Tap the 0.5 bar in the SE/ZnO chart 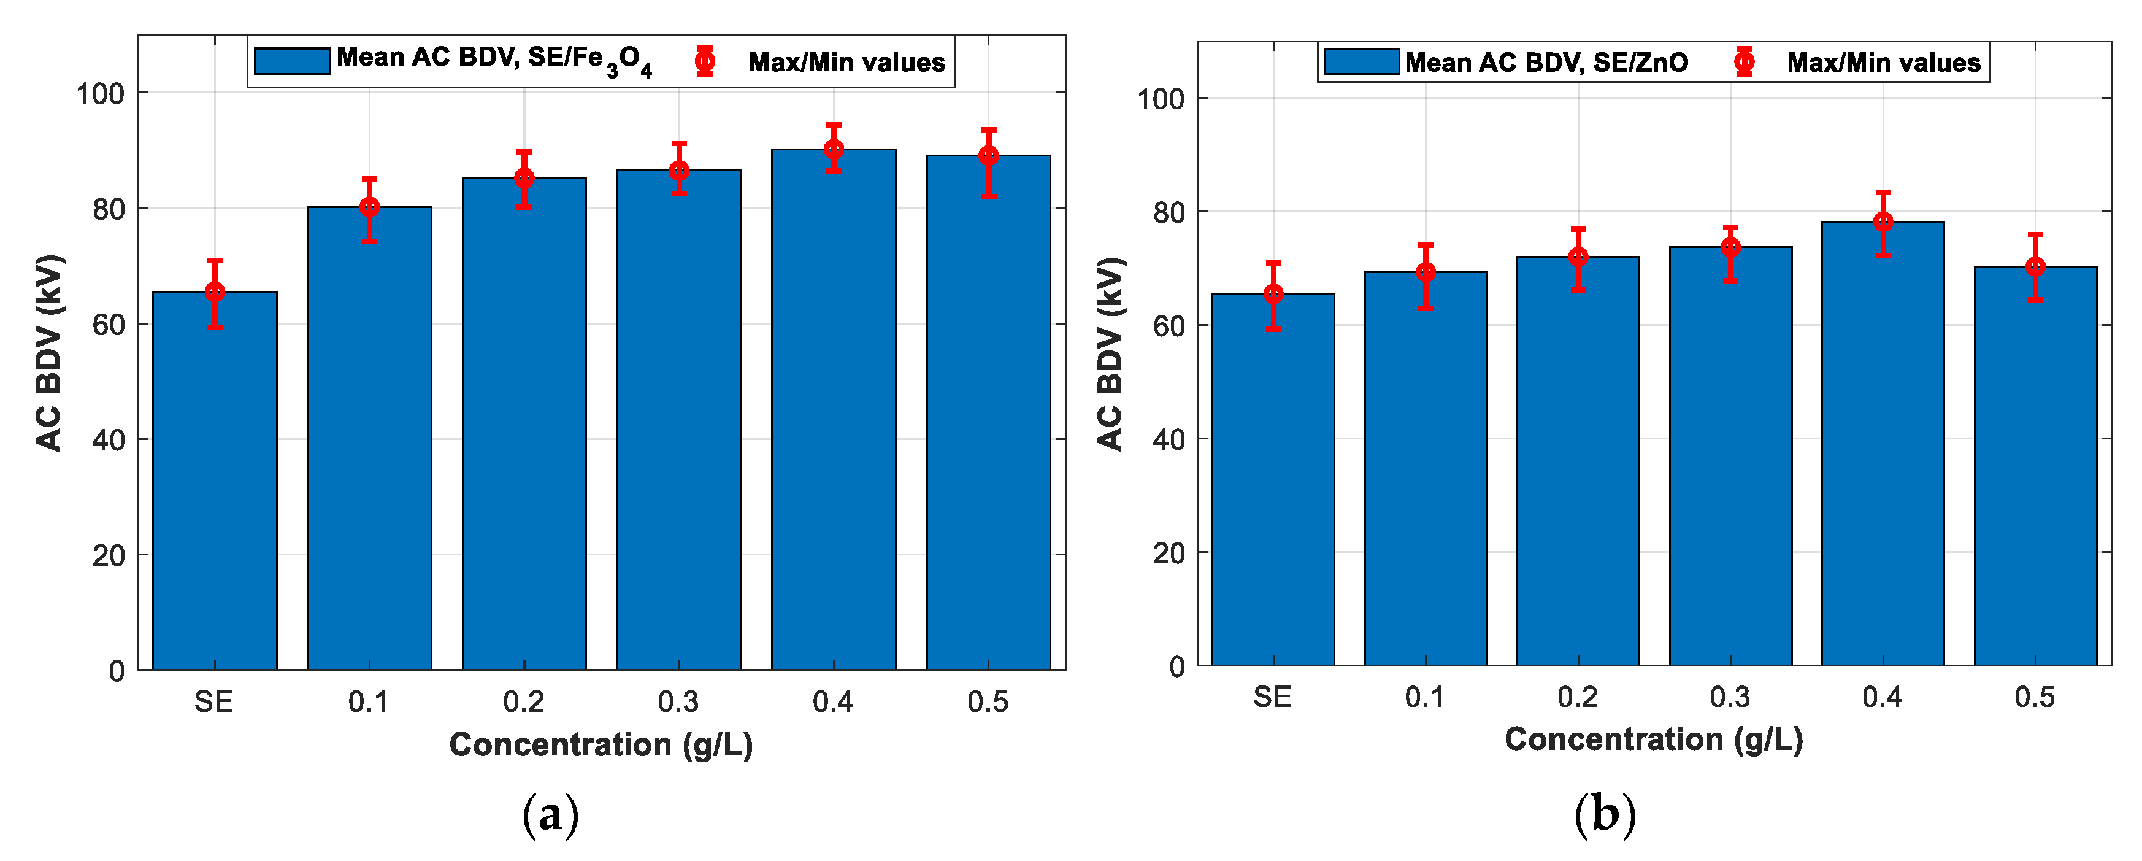(x=2035, y=466)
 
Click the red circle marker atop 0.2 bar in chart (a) (x=524, y=178)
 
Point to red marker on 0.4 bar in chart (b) (x=1883, y=222)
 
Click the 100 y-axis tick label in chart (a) (x=100, y=94)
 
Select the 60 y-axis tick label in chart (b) (x=1169, y=326)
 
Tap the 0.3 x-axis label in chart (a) (x=678, y=702)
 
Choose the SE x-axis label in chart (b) (x=1272, y=697)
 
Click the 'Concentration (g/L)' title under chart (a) (x=601, y=744)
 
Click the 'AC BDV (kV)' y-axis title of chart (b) (x=1110, y=354)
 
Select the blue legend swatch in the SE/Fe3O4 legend (x=292, y=61)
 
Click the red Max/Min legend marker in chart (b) (x=1744, y=61)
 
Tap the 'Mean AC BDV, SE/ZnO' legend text (x=1546, y=63)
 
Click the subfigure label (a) (x=550, y=815)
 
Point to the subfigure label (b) (x=1605, y=815)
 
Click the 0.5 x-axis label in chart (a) (x=987, y=702)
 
